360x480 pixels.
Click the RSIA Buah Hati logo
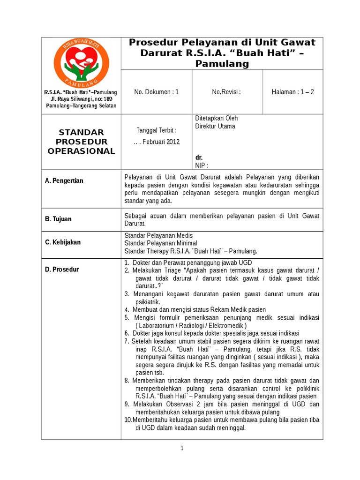(x=82, y=60)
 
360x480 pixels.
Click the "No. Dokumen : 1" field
(x=157, y=92)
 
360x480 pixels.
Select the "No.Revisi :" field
(x=226, y=92)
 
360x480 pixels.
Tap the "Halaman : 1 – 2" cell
(x=293, y=92)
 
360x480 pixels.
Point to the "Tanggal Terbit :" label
(x=157, y=130)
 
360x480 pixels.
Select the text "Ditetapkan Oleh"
(x=216, y=119)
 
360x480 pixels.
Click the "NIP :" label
(x=202, y=165)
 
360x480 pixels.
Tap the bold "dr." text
(x=199, y=157)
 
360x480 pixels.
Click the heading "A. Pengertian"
(x=64, y=181)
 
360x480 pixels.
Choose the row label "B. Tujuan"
(x=59, y=219)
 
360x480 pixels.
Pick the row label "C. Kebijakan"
(x=63, y=242)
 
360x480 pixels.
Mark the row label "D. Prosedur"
(x=62, y=270)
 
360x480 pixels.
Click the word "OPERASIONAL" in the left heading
(x=82, y=151)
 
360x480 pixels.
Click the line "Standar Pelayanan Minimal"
(x=161, y=243)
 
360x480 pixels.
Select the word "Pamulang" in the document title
(x=222, y=63)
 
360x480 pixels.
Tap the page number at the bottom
(x=182, y=448)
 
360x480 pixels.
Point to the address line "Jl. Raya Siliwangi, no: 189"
(x=82, y=99)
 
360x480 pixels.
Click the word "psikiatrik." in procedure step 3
(x=148, y=302)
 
